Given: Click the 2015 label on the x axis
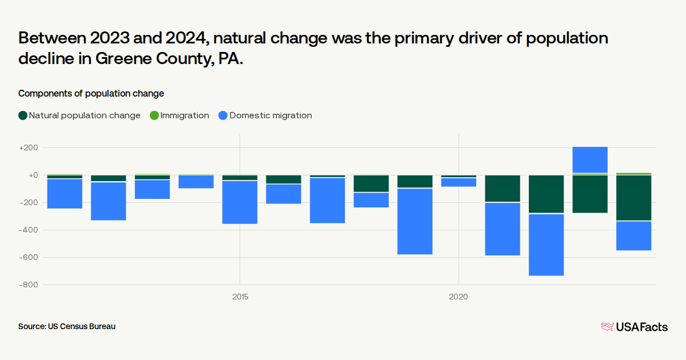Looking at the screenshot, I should pyautogui.click(x=240, y=297).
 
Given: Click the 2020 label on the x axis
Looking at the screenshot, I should pyautogui.click(x=458, y=297).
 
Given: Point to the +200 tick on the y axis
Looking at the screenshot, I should pyautogui.click(x=29, y=147).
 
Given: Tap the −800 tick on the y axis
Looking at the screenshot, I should pyautogui.click(x=29, y=285).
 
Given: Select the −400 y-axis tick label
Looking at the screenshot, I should pyautogui.click(x=29, y=230).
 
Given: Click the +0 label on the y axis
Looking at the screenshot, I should pyautogui.click(x=32, y=175).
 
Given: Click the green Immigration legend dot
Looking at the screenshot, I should pyautogui.click(x=154, y=115).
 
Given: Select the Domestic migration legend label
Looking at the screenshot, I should pyautogui.click(x=270, y=115).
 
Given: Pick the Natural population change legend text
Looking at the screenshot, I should pyautogui.click(x=85, y=115).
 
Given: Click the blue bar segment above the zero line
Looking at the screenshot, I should pyautogui.click(x=590, y=159).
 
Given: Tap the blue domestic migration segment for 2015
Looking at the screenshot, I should pyautogui.click(x=240, y=202).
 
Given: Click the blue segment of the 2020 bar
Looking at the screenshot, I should pyautogui.click(x=458, y=182).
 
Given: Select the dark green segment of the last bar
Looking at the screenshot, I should pyautogui.click(x=633, y=197).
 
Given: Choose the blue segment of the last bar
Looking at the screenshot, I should pyautogui.click(x=633, y=235).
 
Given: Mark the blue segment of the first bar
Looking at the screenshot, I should pyautogui.click(x=65, y=194).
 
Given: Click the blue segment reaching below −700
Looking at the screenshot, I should pyautogui.click(x=546, y=245).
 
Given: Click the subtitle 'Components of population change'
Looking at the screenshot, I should pyautogui.click(x=91, y=93).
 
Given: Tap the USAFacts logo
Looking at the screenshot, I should pyautogui.click(x=634, y=327).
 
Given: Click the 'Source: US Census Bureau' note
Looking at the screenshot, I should pyautogui.click(x=67, y=326).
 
